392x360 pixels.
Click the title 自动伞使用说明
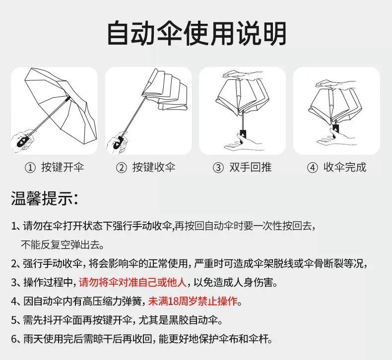tap(196, 34)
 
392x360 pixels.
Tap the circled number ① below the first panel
tap(30, 168)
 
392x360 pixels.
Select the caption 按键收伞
tap(154, 167)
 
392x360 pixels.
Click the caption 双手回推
tap(250, 167)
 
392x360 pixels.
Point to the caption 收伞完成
tap(345, 167)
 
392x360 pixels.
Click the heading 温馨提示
tap(45, 199)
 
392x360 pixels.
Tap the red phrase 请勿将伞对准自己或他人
tap(133, 282)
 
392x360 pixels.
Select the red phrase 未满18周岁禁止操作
tap(193, 301)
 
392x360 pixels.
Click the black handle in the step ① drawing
tap(22, 141)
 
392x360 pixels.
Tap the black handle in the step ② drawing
tap(119, 143)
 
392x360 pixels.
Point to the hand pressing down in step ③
tap(243, 75)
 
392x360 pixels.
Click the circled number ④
tap(312, 168)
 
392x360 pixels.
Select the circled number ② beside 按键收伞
tap(122, 168)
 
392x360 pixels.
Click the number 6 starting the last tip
tap(14, 339)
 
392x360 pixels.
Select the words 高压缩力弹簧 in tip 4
tap(112, 301)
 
